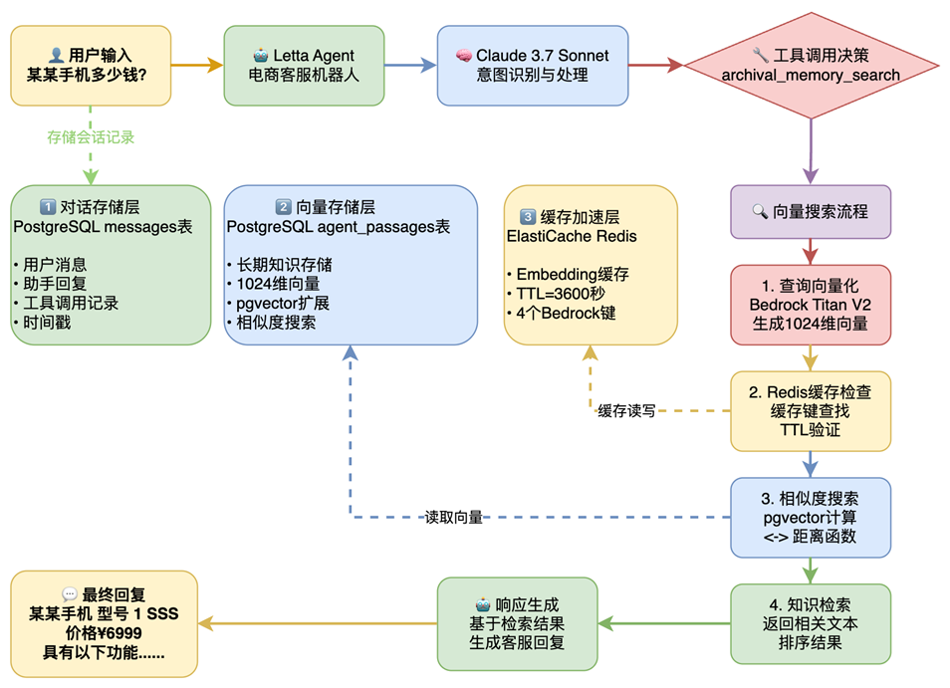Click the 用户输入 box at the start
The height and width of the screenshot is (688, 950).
[x=91, y=66]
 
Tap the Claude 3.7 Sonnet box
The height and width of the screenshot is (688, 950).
[x=533, y=66]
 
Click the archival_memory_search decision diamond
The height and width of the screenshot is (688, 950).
[x=811, y=66]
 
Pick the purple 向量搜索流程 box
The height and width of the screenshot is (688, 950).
[x=811, y=211]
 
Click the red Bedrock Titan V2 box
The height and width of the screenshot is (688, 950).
[x=811, y=304]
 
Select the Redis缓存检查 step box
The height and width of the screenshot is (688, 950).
[x=811, y=410]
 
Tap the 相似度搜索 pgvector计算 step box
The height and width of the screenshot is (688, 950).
[x=811, y=518]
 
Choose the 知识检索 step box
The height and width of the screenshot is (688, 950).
[x=811, y=624]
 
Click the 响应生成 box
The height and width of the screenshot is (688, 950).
[x=517, y=624]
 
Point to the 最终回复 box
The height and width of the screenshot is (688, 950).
[x=104, y=624]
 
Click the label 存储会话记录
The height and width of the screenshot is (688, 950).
[x=91, y=137]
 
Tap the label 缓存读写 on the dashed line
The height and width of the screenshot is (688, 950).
[x=626, y=410]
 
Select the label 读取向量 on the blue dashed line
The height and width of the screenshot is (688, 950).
[x=454, y=518]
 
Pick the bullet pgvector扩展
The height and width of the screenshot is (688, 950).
[x=285, y=304]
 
